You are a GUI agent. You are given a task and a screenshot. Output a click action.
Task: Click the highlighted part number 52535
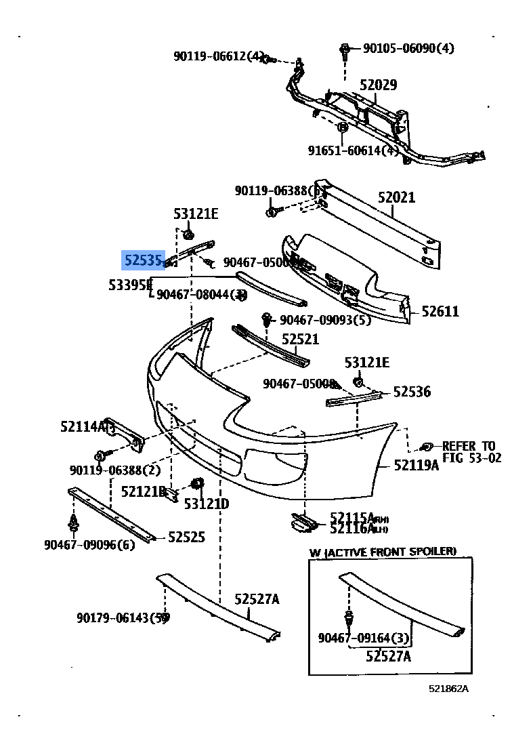143,260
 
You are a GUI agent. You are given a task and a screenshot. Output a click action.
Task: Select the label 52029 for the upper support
378,85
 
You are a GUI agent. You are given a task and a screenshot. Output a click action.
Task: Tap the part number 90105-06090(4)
408,48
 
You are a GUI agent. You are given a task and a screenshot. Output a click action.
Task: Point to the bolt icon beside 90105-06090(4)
345,49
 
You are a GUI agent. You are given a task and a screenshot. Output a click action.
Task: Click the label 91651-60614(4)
354,150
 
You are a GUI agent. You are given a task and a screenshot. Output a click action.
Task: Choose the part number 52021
396,198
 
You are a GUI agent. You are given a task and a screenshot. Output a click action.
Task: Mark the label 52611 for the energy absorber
440,312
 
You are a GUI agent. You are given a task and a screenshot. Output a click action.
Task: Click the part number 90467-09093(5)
325,319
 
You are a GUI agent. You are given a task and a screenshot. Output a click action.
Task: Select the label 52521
300,339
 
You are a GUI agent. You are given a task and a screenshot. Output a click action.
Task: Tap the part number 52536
412,392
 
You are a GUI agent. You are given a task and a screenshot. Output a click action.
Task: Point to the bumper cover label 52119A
417,465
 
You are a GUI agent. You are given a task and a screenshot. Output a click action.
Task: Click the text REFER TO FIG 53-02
471,452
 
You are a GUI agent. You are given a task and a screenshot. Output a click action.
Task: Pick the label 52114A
83,426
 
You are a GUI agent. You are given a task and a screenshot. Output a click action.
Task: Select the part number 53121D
207,504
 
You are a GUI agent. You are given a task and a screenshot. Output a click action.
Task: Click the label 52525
186,537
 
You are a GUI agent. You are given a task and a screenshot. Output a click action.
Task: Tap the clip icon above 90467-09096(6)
72,523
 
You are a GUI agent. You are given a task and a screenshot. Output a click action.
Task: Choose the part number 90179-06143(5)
122,617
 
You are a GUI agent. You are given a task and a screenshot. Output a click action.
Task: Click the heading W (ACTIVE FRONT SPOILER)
383,552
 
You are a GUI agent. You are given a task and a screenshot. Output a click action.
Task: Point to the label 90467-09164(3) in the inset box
364,638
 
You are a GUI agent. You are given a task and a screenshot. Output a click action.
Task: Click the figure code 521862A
448,689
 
